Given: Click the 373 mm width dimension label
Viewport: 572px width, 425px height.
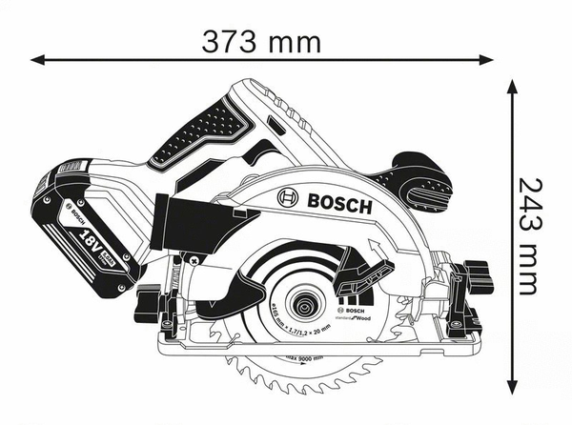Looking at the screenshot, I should coord(261,41).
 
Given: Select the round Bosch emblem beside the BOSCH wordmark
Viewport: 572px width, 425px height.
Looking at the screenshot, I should coord(288,197).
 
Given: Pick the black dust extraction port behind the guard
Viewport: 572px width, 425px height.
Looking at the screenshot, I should coord(190,221).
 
